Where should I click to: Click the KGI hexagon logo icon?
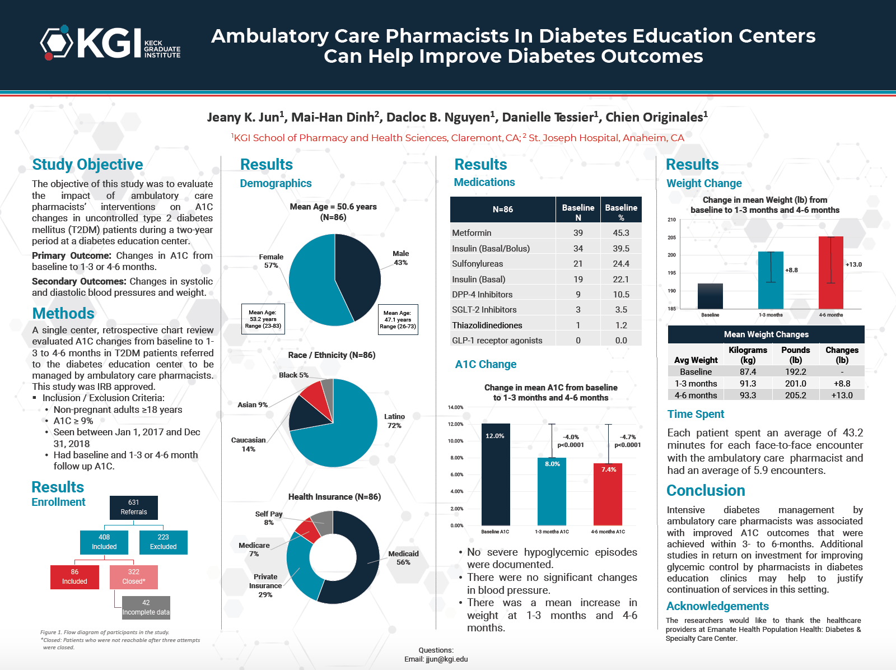(57, 43)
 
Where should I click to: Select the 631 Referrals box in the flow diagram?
(133, 508)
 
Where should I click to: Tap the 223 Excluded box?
(164, 542)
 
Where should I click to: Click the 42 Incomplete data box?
(146, 607)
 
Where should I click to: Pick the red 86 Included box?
(74, 577)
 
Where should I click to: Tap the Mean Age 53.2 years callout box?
(263, 319)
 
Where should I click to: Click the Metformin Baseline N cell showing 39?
(578, 232)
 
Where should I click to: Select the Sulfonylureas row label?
(477, 264)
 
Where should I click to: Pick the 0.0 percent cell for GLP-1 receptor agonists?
(621, 341)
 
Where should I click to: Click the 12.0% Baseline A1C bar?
(496, 474)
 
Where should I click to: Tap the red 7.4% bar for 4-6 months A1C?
(608, 495)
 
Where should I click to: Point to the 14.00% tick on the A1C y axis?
(455, 407)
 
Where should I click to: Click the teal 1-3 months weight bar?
(771, 280)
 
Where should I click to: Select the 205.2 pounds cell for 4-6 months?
(796, 396)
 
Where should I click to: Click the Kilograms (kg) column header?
(748, 355)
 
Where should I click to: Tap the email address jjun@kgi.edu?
(446, 659)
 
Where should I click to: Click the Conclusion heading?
(706, 490)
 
